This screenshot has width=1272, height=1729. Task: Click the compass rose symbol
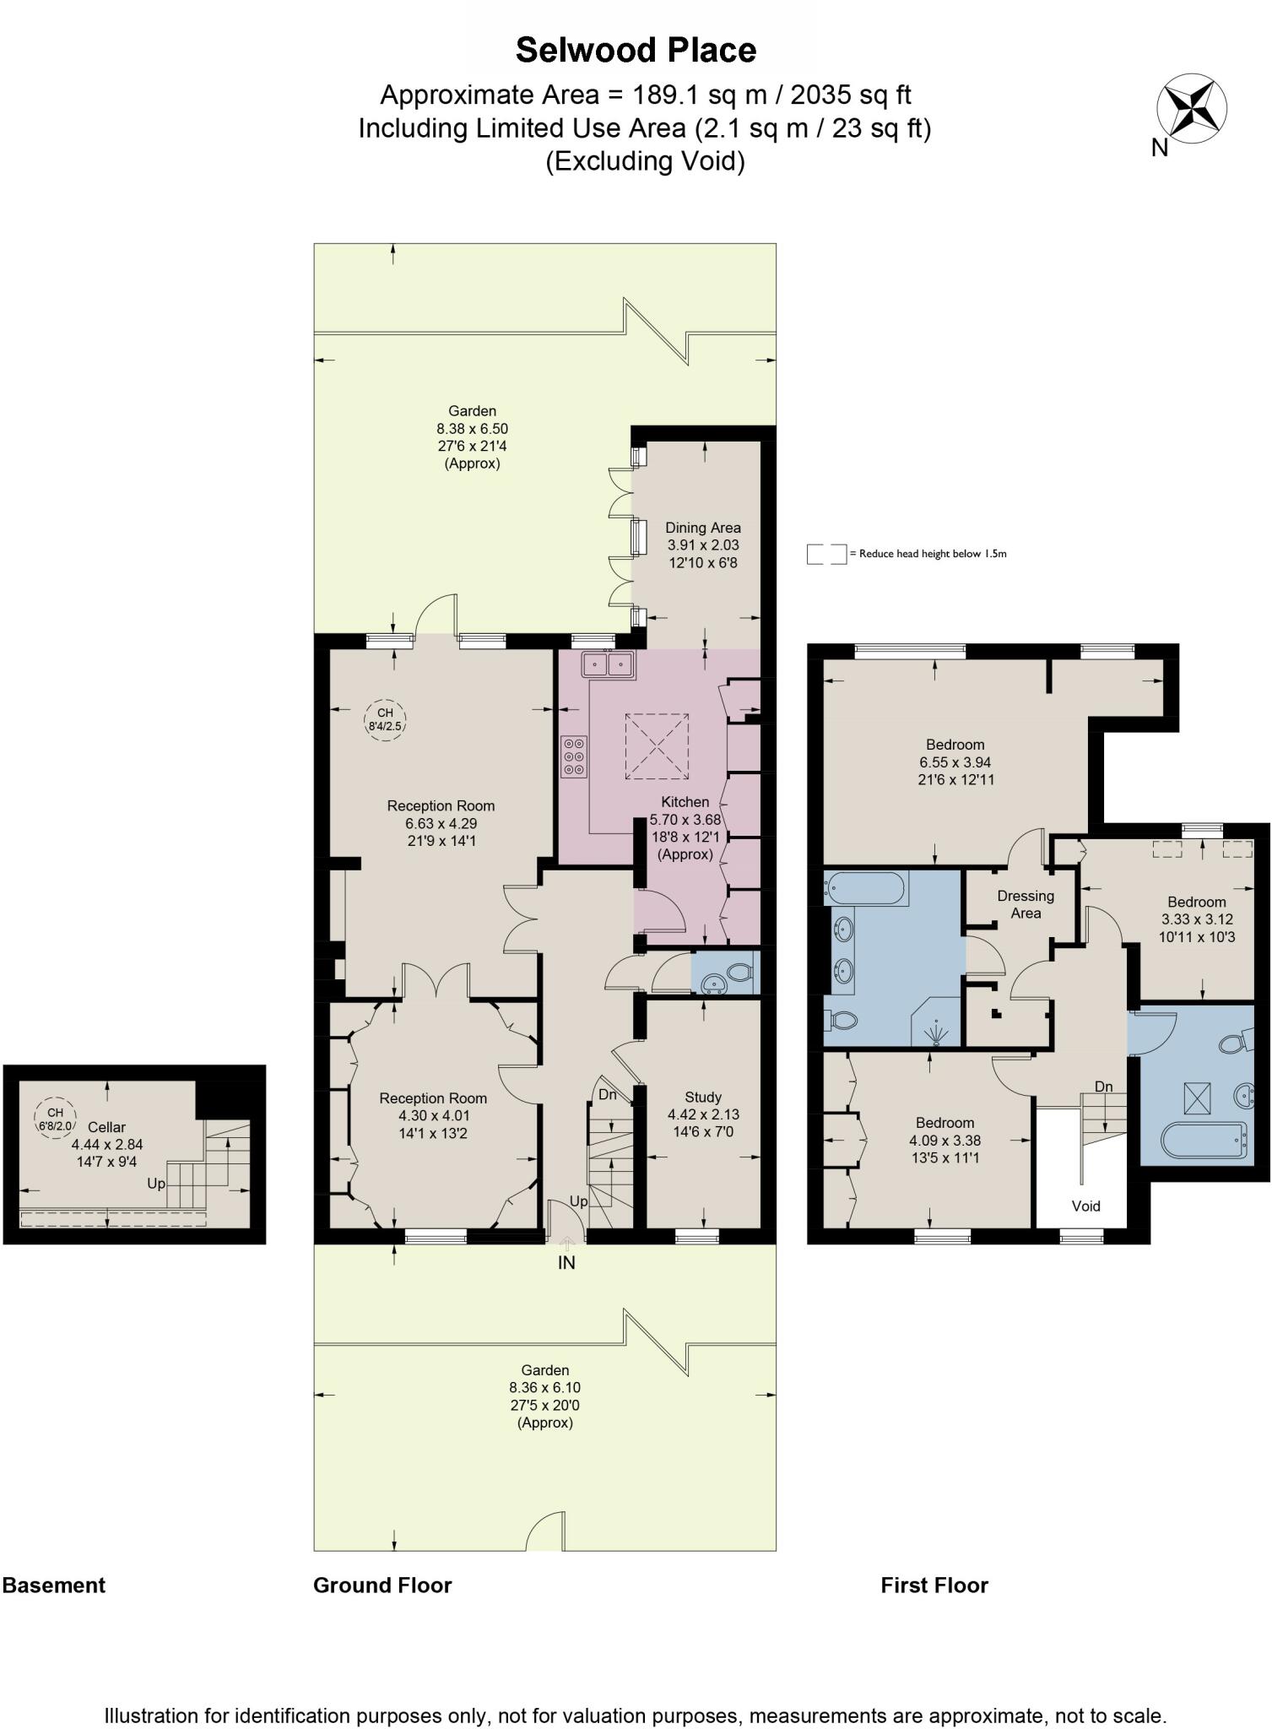(x=1192, y=109)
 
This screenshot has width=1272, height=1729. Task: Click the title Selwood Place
(x=636, y=51)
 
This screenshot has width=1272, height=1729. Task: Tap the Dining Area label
(x=702, y=528)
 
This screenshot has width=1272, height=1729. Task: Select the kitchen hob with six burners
(x=574, y=757)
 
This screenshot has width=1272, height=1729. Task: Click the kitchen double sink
(x=608, y=664)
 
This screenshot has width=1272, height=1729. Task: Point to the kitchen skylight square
(x=657, y=746)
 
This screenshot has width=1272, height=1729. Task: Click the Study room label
(x=702, y=1097)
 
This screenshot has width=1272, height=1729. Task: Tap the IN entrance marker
(x=566, y=1262)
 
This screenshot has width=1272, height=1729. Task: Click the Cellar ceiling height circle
(x=56, y=1119)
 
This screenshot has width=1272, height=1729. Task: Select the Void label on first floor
(x=1085, y=1206)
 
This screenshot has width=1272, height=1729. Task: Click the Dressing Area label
(x=1026, y=904)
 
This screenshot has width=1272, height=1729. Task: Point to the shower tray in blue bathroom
(x=935, y=1025)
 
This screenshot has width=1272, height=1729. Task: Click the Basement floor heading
(x=54, y=1585)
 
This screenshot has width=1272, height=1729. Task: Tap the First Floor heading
(x=934, y=1585)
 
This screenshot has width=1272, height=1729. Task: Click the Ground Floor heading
(x=382, y=1585)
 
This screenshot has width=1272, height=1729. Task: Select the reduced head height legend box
(x=825, y=554)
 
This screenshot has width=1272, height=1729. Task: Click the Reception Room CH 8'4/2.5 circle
(x=385, y=719)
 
